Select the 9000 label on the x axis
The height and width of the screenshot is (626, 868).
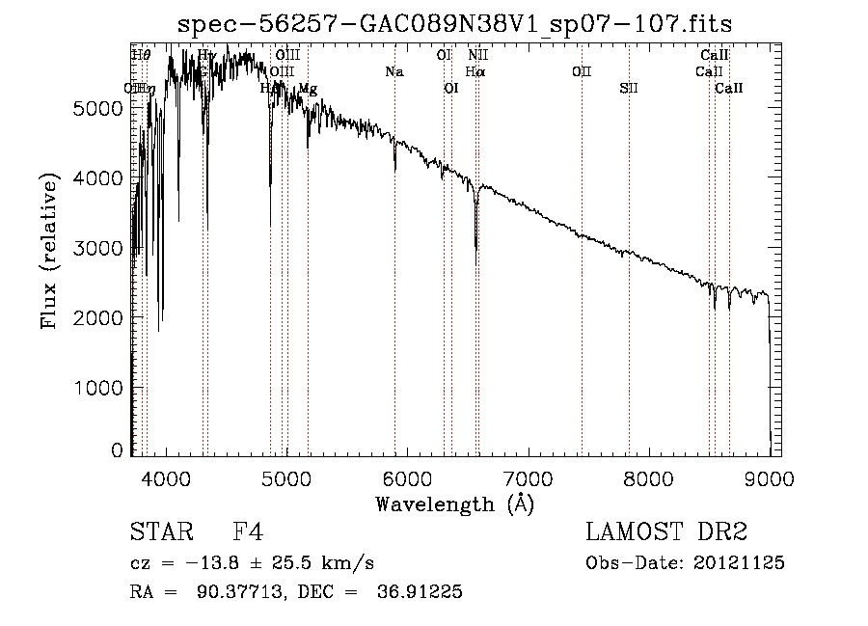(x=769, y=478)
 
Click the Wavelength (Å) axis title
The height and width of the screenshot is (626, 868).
(x=454, y=504)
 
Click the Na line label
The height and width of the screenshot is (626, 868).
(x=393, y=72)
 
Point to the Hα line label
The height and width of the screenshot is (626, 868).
(x=475, y=72)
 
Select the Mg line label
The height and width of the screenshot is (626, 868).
(x=307, y=89)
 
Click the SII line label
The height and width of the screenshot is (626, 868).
(x=629, y=89)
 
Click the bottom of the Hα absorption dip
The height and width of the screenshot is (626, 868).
(x=476, y=248)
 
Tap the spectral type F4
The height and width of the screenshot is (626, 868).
(x=248, y=532)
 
